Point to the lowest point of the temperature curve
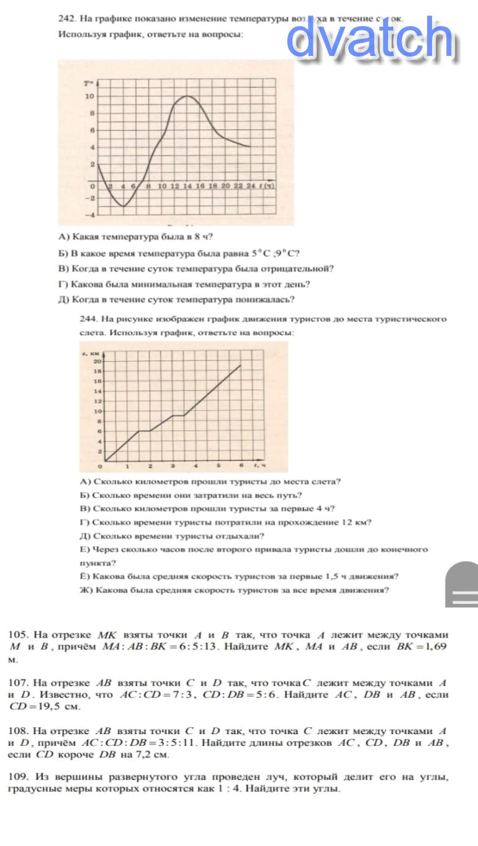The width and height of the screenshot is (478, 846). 124,206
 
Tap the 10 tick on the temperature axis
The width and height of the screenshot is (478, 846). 90,96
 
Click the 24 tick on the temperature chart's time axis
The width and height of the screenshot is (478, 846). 250,186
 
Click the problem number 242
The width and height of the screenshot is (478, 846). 66,19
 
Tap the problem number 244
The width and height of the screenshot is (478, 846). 88,319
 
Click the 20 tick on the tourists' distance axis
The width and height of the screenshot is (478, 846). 97,361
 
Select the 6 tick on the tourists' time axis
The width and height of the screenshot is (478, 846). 241,466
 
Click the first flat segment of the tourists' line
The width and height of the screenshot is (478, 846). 144,431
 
